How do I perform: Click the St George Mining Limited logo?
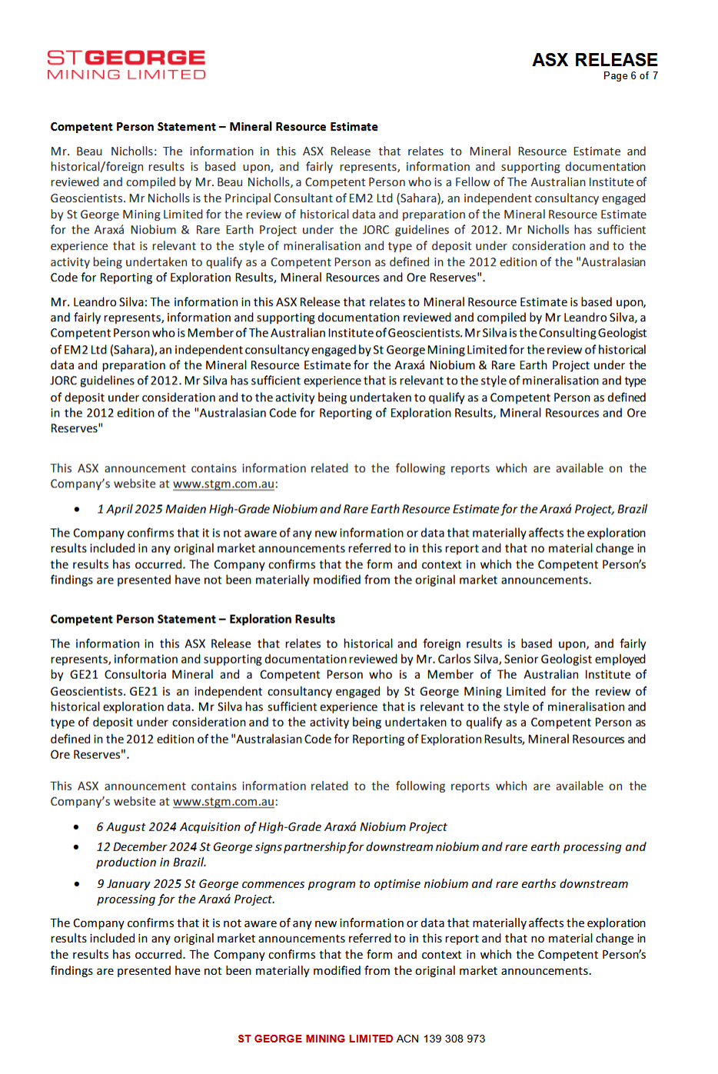(x=126, y=65)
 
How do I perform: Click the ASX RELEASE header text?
(x=594, y=60)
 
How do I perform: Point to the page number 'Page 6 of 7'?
(x=630, y=76)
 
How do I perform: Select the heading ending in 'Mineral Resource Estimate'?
(x=214, y=127)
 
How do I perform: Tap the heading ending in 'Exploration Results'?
(x=192, y=619)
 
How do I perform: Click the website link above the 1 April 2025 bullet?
(x=224, y=484)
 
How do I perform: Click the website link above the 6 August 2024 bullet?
(x=224, y=802)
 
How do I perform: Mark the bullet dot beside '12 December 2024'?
(x=76, y=847)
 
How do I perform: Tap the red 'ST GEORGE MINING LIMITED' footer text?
(x=315, y=1039)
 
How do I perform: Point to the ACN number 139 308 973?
(x=454, y=1039)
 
